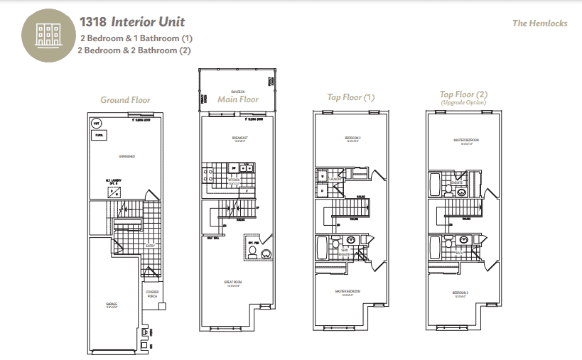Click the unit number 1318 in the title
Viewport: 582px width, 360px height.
click(94, 22)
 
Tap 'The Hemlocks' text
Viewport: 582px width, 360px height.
click(539, 23)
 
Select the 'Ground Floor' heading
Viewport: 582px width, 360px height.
click(125, 100)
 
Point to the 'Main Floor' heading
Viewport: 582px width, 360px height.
click(238, 99)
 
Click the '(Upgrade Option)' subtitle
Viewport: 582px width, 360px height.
click(464, 103)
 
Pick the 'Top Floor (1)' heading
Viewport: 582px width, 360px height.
click(350, 97)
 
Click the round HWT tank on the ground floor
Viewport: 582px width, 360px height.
click(97, 123)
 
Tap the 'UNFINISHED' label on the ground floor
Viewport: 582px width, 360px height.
click(127, 156)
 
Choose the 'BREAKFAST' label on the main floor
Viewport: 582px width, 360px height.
click(238, 138)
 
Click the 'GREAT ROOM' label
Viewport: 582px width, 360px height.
click(234, 282)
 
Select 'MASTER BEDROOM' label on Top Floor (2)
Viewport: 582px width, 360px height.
click(465, 141)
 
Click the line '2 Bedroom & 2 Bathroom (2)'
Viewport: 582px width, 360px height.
click(136, 50)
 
